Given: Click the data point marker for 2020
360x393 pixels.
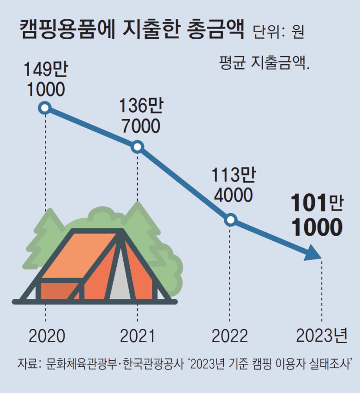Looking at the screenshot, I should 44,108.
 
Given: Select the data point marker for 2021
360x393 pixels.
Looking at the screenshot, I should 137,147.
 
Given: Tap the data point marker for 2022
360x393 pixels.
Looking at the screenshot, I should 231,220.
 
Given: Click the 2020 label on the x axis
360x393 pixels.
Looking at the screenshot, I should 47,336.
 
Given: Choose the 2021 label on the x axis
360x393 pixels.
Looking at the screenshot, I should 138,336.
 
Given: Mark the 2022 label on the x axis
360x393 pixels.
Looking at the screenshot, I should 230,336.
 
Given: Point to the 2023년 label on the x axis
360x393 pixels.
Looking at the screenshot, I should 321,336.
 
